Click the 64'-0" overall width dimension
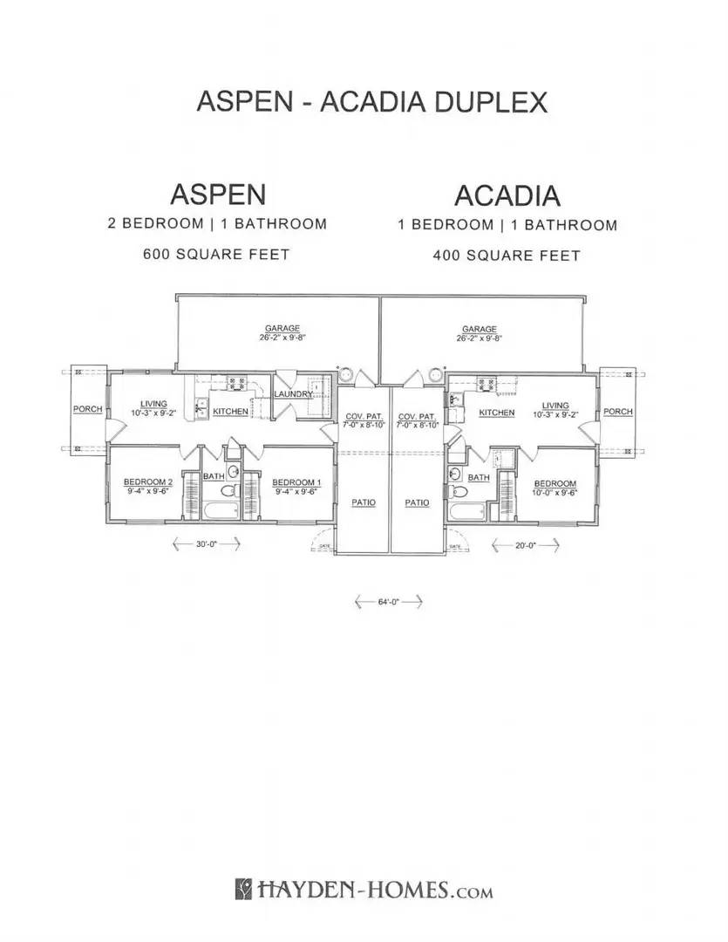[x=388, y=602]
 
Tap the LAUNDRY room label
[x=293, y=395]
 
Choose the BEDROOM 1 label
[x=291, y=482]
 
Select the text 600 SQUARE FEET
[x=216, y=255]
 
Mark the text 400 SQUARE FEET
[x=507, y=256]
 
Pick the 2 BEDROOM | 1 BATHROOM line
[x=217, y=223]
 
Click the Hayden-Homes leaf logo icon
[x=244, y=890]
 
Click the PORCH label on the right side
[x=618, y=411]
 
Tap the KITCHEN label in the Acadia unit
[x=496, y=413]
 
